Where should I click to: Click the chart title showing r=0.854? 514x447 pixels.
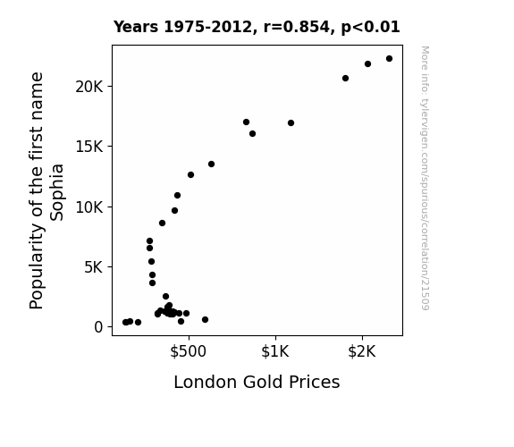click(x=257, y=27)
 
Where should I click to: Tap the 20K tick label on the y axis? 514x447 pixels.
click(x=88, y=87)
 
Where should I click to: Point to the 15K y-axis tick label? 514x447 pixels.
click(x=88, y=147)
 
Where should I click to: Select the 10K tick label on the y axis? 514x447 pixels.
click(x=88, y=207)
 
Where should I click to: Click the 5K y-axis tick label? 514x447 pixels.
click(x=93, y=267)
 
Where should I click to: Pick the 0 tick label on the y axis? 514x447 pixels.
click(x=98, y=327)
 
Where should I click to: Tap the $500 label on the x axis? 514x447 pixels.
click(x=188, y=351)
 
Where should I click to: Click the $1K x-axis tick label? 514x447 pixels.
click(x=275, y=351)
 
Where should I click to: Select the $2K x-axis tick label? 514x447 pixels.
click(x=362, y=351)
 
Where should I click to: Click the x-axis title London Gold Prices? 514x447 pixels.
click(x=257, y=383)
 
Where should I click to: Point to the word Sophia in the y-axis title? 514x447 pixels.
click(x=56, y=192)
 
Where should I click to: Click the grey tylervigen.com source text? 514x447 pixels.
click(x=425, y=178)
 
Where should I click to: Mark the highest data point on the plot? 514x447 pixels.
click(x=389, y=59)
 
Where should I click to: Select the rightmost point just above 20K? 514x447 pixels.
click(x=345, y=79)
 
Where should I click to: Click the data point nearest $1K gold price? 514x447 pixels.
click(x=291, y=123)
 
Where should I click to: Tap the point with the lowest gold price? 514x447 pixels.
click(x=125, y=323)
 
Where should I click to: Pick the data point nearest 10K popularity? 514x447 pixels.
click(x=174, y=211)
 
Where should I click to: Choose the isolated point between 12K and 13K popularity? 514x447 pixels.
click(x=190, y=175)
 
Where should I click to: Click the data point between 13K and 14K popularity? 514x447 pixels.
click(x=212, y=164)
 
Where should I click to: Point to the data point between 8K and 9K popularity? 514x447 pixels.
click(x=163, y=223)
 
